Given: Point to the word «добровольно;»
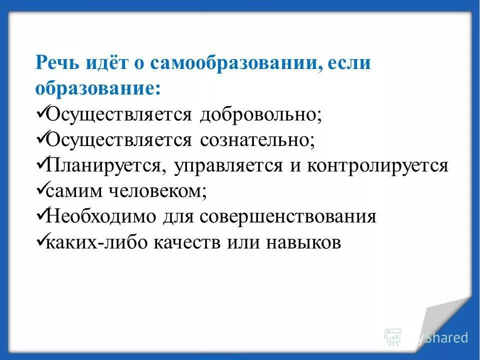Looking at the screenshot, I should click(x=261, y=115).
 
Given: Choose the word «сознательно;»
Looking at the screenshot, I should click(x=258, y=140).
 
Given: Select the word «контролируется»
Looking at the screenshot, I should click(x=377, y=166).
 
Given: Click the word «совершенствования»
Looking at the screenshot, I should click(x=287, y=217).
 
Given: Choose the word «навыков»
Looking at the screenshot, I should click(x=304, y=243).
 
